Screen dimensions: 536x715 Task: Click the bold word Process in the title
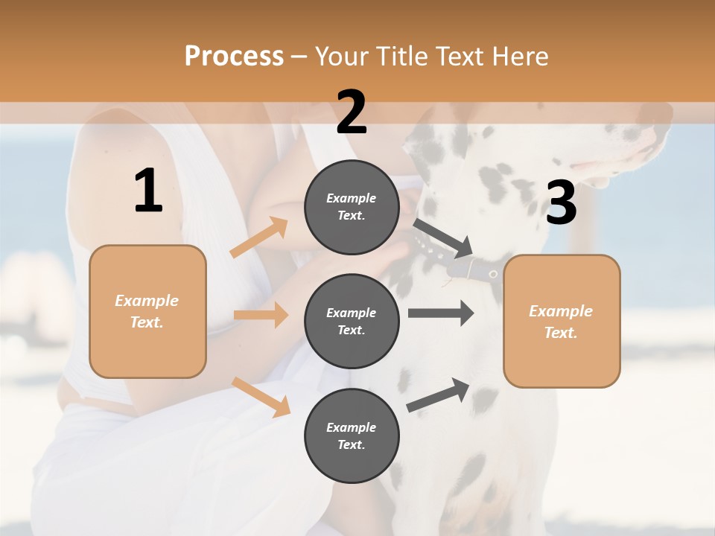(234, 57)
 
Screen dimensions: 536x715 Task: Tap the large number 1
(148, 191)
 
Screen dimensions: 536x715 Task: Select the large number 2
(352, 112)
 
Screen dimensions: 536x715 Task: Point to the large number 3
(561, 203)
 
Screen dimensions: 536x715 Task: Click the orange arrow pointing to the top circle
(259, 237)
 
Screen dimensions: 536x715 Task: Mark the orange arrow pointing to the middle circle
(261, 315)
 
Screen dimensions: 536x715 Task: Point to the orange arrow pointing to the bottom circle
(261, 397)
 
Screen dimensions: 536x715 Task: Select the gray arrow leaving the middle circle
(441, 313)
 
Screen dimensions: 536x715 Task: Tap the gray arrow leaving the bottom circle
(438, 395)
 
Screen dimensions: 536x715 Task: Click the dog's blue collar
(477, 268)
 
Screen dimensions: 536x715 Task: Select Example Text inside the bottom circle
(352, 435)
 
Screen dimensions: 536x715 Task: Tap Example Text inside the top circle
(352, 206)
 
